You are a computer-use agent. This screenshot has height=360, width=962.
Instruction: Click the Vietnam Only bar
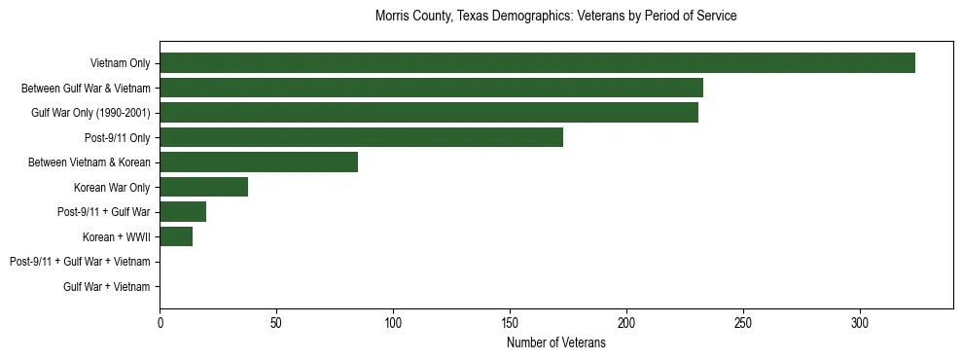(537, 63)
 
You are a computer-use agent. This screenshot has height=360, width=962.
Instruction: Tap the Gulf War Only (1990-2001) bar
(429, 113)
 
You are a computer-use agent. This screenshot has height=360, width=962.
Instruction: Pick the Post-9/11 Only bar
(361, 137)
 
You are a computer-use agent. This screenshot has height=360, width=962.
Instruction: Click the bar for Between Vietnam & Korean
(259, 162)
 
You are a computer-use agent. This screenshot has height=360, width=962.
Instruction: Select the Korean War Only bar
(203, 187)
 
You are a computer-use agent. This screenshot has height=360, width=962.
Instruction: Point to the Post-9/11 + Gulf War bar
(183, 212)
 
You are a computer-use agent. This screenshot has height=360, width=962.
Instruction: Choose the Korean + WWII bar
(176, 236)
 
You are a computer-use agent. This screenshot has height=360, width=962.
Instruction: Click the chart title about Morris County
(555, 17)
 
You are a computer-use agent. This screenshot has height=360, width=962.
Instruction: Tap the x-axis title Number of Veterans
(555, 343)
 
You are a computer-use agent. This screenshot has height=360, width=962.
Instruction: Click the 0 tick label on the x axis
(160, 322)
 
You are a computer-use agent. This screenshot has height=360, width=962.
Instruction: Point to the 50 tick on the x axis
(276, 322)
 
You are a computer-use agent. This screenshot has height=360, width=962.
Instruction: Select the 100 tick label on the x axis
(393, 322)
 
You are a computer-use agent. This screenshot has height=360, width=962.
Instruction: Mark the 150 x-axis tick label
(510, 322)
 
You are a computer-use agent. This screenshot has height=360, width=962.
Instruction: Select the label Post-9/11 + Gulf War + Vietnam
(80, 262)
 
